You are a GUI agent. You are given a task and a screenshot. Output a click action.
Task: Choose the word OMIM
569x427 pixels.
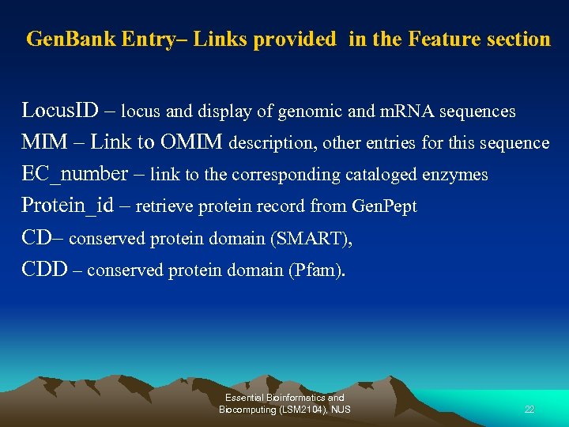(192, 142)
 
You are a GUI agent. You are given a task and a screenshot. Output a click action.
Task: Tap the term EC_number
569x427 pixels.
(75, 175)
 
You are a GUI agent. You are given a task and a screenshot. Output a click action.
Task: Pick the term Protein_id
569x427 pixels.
(68, 206)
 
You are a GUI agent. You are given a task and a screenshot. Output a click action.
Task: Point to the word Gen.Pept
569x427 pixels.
(384, 207)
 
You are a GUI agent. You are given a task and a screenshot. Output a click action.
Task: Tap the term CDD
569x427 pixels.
(44, 270)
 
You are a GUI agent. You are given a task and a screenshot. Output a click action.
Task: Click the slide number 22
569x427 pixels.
(529, 409)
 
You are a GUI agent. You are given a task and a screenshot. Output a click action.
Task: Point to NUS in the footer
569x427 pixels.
(341, 409)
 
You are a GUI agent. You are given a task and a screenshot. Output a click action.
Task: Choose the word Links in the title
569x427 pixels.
(224, 40)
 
